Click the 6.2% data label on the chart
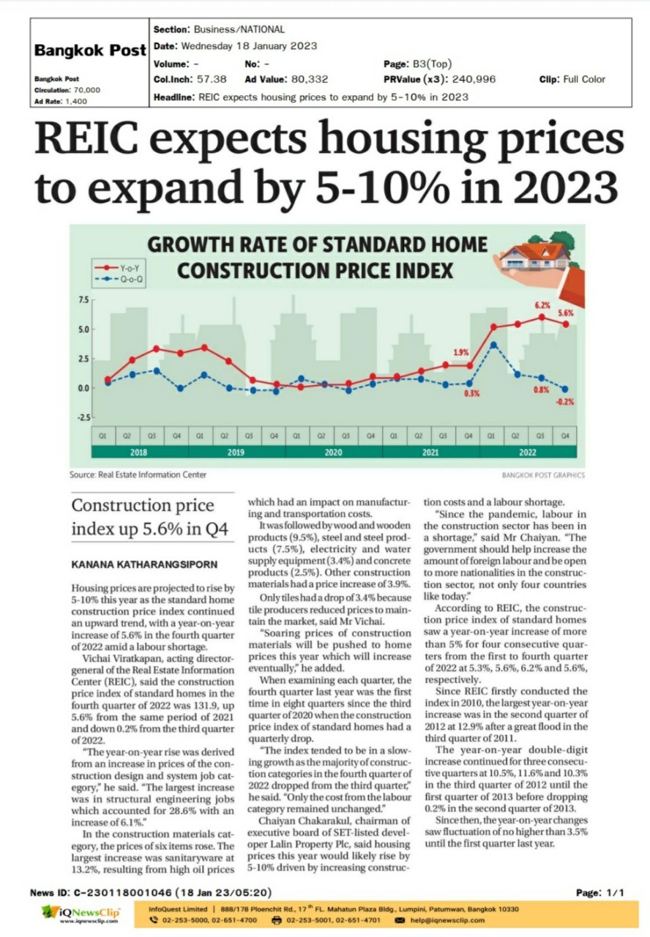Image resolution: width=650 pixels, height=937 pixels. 542,305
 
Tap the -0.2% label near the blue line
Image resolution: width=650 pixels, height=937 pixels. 564,402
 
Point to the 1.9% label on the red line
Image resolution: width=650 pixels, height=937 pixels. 461,353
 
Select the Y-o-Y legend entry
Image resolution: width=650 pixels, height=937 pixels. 118,268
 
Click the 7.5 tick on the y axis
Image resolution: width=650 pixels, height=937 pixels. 83,300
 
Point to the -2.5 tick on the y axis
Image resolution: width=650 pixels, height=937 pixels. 83,417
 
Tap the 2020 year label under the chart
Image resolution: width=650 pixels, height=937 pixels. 333,452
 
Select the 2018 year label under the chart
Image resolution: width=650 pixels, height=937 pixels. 138,452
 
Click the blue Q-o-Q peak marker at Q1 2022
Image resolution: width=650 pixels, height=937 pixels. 493,345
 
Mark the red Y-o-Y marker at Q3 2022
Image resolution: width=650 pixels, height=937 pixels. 542,317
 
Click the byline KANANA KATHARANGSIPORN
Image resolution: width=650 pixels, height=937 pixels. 144,564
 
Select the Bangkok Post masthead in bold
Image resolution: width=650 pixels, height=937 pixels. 90,51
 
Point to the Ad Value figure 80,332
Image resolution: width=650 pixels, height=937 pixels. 310,79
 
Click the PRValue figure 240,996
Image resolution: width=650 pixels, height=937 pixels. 474,79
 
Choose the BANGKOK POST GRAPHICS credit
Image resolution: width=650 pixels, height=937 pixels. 543,475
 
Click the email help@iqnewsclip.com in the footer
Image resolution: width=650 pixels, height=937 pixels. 447,920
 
